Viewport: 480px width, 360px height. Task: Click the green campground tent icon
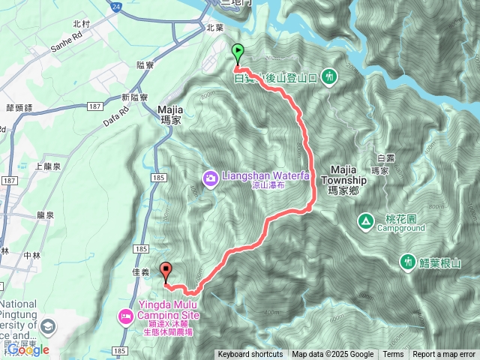(x=365, y=221)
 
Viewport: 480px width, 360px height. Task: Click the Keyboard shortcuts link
(x=250, y=355)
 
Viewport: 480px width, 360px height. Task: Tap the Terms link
(x=393, y=355)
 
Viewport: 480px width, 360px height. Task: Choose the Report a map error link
(x=444, y=355)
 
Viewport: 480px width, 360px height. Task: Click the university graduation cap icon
(x=49, y=327)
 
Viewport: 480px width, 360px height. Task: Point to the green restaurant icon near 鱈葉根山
(x=407, y=261)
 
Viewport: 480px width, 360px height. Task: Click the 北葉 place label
(x=215, y=27)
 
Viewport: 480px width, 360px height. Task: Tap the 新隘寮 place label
(x=134, y=97)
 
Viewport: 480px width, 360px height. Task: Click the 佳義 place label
(x=140, y=273)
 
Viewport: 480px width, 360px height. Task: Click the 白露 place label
(x=386, y=158)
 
